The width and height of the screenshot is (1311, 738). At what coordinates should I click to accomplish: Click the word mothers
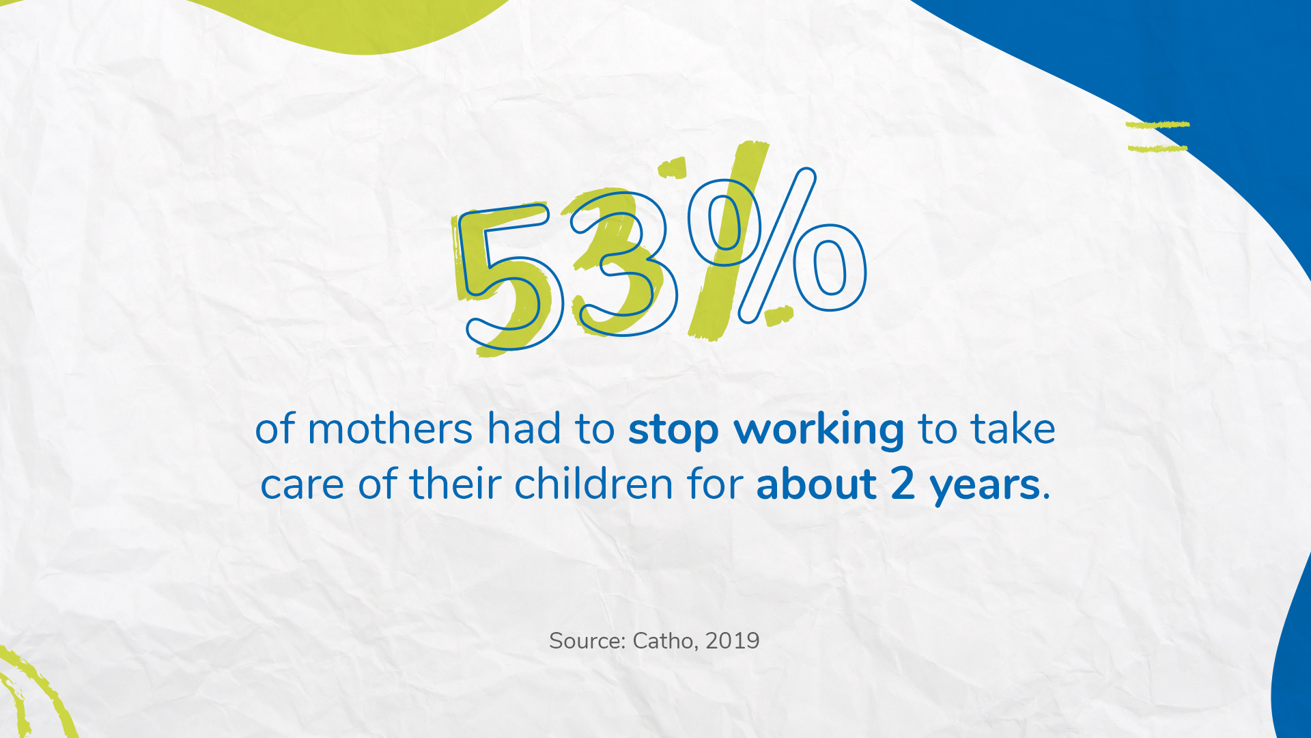coord(390,429)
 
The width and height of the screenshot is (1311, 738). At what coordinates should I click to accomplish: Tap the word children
coord(594,484)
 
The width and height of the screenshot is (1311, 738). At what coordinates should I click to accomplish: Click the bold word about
coord(816,484)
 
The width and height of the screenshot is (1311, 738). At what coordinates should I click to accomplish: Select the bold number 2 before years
coord(903,484)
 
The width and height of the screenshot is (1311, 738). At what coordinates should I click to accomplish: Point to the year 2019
coord(733,641)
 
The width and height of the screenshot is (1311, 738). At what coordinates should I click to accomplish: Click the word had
coord(524,428)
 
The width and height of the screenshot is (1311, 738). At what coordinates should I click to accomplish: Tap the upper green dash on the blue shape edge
coord(1157,125)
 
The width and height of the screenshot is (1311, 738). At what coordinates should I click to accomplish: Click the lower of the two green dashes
coord(1158,148)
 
